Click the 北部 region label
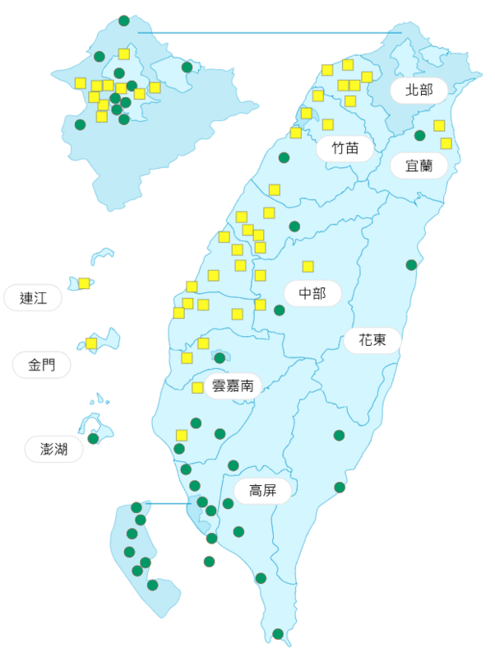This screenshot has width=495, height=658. coord(419,90)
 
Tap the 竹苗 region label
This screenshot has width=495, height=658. coord(345,149)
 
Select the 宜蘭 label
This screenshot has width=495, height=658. coord(419,166)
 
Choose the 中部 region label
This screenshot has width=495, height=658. coord(312,293)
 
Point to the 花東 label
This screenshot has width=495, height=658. coord(372,339)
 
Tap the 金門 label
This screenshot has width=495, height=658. coord(42,365)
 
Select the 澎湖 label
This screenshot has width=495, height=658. coord(54,449)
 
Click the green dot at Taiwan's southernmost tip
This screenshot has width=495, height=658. coord(278,634)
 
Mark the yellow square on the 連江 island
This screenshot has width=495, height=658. coord(84,283)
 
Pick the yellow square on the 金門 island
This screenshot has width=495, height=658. coord(91,343)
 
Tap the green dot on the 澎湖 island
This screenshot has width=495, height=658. coord(94,438)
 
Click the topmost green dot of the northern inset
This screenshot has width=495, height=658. coord(123,20)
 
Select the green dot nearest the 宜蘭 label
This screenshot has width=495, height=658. coord(419,135)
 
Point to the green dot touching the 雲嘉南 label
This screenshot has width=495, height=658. coord(220,357)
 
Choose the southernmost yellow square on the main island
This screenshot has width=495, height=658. coord(182,435)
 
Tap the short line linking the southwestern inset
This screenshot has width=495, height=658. coord(169,503)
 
